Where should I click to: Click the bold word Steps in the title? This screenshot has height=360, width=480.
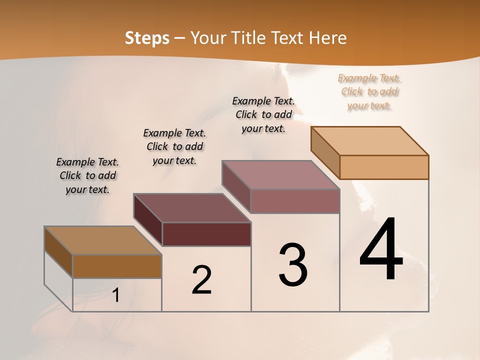pos(146,38)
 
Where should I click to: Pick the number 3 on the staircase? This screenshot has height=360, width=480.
pos(293,265)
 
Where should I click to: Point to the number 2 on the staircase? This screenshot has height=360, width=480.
pos(202,280)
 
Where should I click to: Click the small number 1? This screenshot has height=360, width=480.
pos(116,295)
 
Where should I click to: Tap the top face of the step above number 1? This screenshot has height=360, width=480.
pos(103,240)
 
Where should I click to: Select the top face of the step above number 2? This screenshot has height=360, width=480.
pos(192,207)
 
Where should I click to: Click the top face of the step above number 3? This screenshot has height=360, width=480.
pos(281,175)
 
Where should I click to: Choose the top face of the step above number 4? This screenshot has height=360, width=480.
pos(370,141)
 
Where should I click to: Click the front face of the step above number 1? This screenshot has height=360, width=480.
pos(117,266)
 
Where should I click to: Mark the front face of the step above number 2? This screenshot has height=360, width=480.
pos(206,234)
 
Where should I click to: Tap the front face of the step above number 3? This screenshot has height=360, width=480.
pos(295,201)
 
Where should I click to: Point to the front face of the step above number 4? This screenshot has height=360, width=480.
pos(384,167)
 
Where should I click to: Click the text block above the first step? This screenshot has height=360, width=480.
pos(87,175)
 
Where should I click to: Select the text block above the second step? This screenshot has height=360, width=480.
pos(174,146)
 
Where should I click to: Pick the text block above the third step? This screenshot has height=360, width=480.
pos(263,114)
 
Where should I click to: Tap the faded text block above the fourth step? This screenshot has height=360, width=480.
pos(369,91)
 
